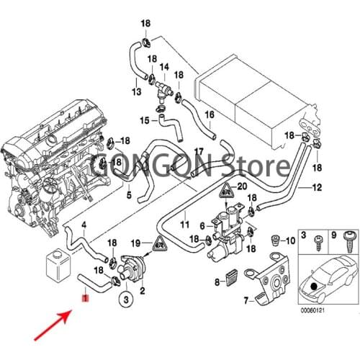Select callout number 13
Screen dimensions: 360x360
tap(136, 92)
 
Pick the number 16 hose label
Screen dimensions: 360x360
tap(210, 114)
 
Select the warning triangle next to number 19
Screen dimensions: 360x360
tap(156, 244)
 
